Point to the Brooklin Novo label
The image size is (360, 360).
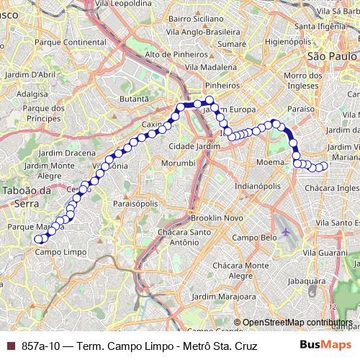pos(213,217)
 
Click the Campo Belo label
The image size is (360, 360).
pos(259,238)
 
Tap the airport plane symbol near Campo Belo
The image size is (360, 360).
pos(287,232)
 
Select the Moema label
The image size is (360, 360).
pos(271,163)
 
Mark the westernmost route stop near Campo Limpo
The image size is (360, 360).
pos(39,239)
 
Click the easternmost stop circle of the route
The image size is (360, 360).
pos(323,166)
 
